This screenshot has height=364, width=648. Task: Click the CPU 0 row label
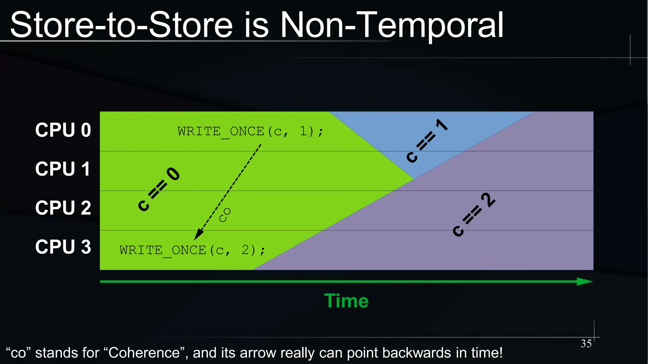pos(63,130)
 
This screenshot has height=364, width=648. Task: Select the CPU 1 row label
pos(63,169)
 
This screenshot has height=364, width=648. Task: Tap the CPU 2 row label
pos(63,208)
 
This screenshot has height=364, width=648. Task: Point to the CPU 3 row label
pos(63,247)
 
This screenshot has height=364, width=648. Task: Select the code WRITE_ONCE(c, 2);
pos(192,250)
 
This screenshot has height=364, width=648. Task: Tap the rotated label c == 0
pos(159,189)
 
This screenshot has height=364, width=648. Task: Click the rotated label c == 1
pos(427,141)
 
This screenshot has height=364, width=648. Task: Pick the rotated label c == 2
pos(474,214)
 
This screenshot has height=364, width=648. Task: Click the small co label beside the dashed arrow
pos(225,215)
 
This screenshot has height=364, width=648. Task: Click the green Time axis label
pos(346,301)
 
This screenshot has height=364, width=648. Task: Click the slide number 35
pos(586,344)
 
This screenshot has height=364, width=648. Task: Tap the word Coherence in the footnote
pos(144,353)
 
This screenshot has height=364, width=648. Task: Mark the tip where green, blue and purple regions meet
pos(414,179)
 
